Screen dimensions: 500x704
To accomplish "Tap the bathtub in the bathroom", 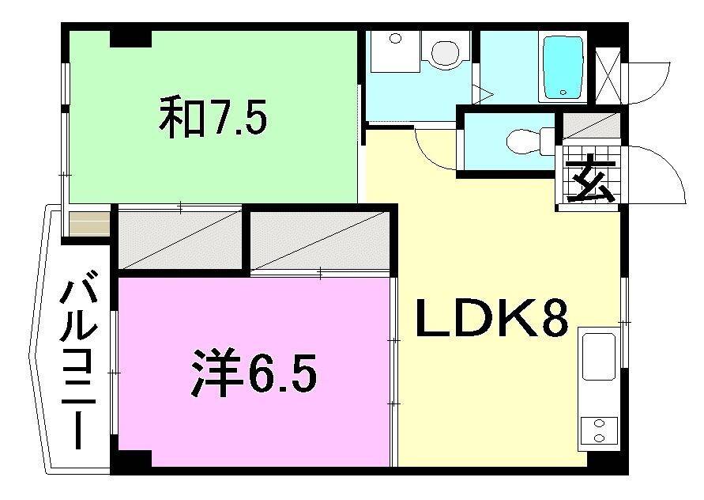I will coord(563,66).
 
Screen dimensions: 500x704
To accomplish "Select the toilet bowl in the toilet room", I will coord(525,142).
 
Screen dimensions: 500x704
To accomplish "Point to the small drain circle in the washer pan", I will coord(395,37).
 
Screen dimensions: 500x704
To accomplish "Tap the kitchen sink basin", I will coord(599,355).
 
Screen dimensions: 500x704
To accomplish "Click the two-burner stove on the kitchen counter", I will coord(598,430).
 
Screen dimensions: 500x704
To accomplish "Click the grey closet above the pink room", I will coord(179,238).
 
